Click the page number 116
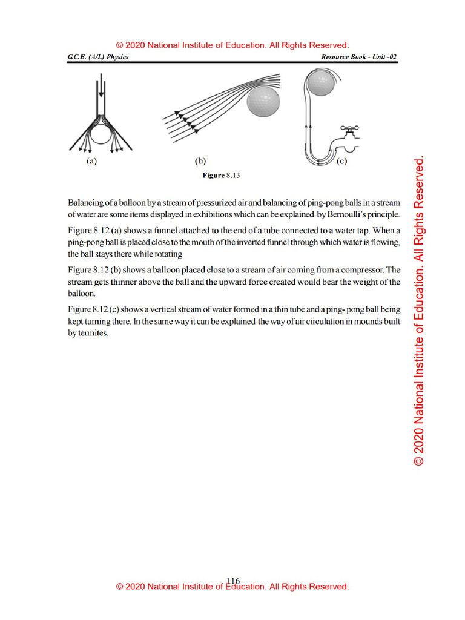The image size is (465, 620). coord(232,581)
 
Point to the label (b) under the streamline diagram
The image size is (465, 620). coord(200,162)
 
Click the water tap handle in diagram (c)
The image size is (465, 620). coord(350,128)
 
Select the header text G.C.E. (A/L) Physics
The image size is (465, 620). coord(98,58)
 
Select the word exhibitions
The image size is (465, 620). coord(220,215)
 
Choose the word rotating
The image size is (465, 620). coord(167,254)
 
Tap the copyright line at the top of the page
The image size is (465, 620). coord(232,45)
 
